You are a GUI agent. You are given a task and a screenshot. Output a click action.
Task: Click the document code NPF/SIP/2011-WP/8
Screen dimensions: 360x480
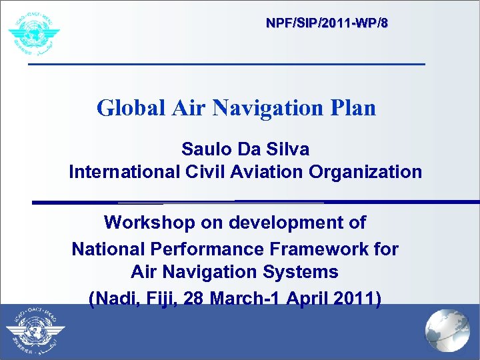click(x=327, y=23)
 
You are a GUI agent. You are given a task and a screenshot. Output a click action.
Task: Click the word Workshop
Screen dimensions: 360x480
click(x=147, y=222)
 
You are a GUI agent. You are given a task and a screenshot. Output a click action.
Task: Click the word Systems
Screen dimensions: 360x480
click(x=302, y=272)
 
